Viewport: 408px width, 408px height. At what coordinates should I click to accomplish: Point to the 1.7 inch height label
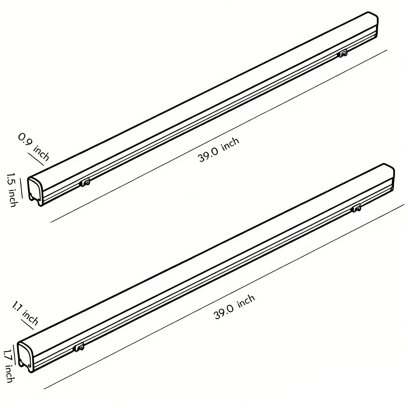[x=9, y=366]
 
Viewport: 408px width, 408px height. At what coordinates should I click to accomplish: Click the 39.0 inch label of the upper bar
[x=219, y=150]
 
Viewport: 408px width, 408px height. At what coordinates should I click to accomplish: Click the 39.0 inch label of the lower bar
[x=234, y=307]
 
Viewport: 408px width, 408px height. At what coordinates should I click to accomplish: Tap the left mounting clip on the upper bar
[x=85, y=183]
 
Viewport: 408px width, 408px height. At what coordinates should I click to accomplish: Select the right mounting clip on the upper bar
[x=343, y=54]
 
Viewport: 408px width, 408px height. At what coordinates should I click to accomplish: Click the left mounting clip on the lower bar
[x=79, y=347]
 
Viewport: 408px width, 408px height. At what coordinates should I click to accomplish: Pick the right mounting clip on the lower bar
[x=356, y=208]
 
